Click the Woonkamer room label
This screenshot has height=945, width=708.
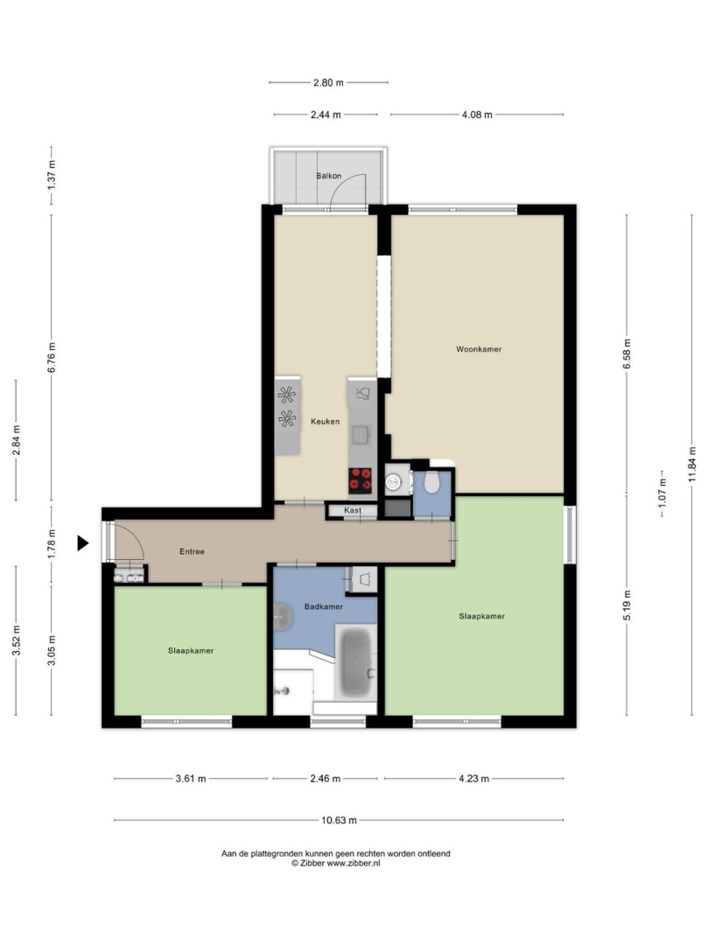(479, 349)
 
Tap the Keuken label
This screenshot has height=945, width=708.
(325, 421)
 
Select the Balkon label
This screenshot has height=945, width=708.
(329, 176)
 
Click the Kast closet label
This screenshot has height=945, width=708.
(353, 510)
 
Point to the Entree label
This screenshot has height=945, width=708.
(193, 551)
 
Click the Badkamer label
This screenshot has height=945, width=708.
(324, 606)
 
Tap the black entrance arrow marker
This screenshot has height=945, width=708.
(83, 543)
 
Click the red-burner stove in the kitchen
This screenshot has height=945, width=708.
(361, 481)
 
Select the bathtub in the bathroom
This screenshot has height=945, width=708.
(355, 662)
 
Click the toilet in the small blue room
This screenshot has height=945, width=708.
(431, 482)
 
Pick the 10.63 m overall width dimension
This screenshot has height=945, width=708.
(339, 820)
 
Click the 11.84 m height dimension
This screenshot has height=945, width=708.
(692, 465)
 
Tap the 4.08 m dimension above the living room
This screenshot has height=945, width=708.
(477, 115)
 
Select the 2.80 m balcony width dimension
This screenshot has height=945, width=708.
(328, 82)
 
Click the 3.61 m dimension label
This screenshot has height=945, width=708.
(191, 779)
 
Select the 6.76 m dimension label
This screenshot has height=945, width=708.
(52, 357)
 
